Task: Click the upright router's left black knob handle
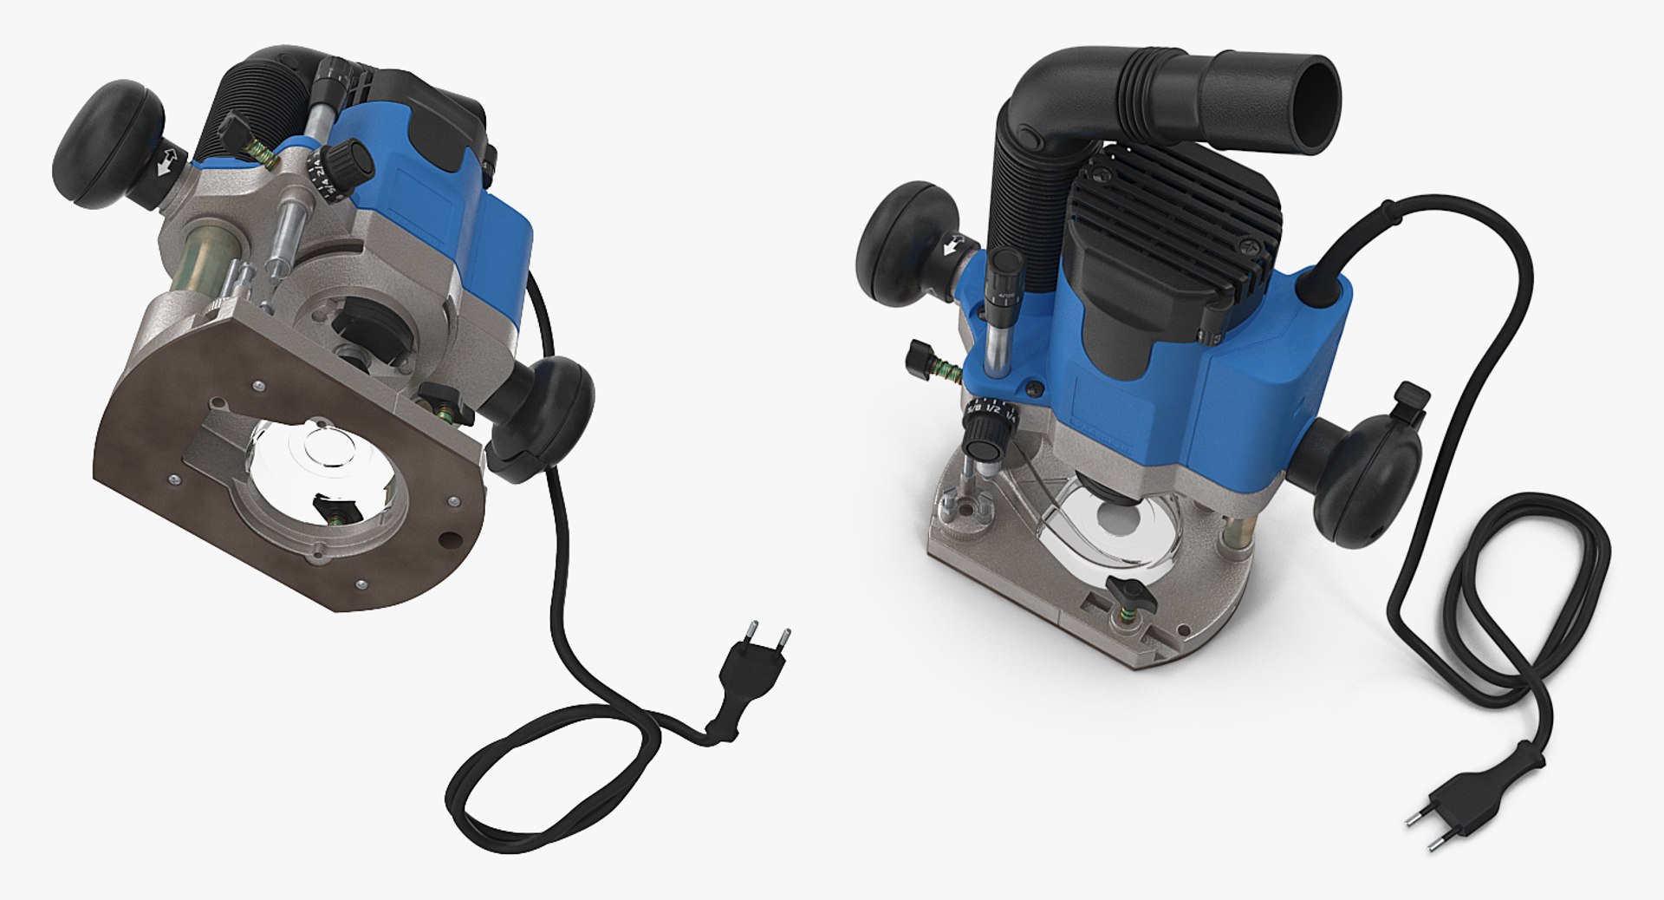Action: (901, 243)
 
